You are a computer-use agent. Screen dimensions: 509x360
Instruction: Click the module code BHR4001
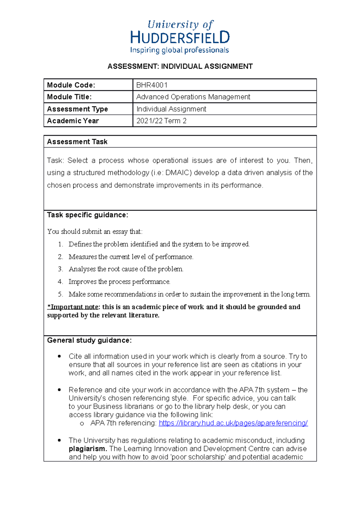click(152, 85)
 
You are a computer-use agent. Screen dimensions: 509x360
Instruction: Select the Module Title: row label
click(69, 97)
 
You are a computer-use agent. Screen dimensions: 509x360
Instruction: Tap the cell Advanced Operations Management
click(193, 97)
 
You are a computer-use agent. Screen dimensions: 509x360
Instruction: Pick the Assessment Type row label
click(77, 109)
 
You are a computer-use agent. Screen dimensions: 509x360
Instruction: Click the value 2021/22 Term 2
click(161, 121)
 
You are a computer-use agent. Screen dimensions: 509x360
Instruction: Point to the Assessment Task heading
click(77, 142)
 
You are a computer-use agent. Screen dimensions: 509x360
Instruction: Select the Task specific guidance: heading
click(88, 215)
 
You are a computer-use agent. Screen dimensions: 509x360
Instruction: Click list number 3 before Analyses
click(60, 269)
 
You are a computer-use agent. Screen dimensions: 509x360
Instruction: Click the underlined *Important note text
click(73, 307)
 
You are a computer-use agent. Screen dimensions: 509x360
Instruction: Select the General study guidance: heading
click(89, 340)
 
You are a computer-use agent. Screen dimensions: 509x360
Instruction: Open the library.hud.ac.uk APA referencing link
click(233, 423)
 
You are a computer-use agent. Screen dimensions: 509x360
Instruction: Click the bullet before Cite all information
click(59, 356)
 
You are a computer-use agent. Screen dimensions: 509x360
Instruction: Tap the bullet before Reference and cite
click(59, 390)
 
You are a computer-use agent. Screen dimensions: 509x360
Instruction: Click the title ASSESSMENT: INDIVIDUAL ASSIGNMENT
click(180, 67)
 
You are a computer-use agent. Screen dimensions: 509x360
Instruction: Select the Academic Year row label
click(73, 121)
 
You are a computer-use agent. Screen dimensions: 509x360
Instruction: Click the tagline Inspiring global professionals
click(179, 50)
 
